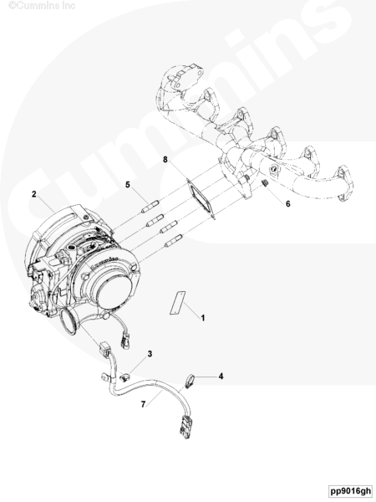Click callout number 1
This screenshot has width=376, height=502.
coord(202,318)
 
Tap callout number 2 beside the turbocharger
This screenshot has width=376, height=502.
coord(34,194)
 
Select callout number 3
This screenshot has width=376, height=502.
coord(150,354)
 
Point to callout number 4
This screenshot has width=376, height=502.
coord(221,376)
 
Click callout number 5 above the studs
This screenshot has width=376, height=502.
coord(128,185)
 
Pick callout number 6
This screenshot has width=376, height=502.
coord(287,203)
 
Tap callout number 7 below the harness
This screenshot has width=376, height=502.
coord(143,404)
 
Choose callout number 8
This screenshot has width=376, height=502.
coord(165,159)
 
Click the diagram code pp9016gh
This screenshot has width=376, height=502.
coord(351,491)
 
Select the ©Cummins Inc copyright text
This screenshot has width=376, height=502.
coord(42,6)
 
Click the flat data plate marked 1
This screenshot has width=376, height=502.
coord(177,303)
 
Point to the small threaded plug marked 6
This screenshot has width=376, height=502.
coord(264,183)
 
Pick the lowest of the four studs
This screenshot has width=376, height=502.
coord(174,241)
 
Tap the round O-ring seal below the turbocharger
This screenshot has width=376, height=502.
coord(68,322)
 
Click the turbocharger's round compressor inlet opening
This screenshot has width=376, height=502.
coord(114,293)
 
